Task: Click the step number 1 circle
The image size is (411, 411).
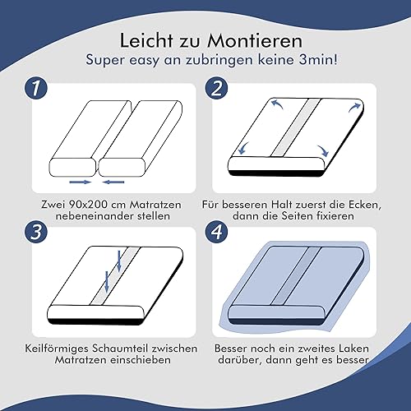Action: click(x=36, y=88)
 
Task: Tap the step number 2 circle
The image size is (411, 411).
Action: click(x=217, y=88)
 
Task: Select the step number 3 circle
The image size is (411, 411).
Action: click(x=36, y=232)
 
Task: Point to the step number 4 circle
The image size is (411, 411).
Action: click(x=217, y=232)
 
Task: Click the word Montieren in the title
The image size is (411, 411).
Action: click(x=255, y=41)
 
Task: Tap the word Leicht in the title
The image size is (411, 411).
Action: click(x=146, y=41)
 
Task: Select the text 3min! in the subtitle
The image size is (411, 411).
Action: click(x=318, y=59)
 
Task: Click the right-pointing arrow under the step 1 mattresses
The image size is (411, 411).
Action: click(x=80, y=182)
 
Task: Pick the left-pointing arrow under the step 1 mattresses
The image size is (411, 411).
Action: click(x=113, y=182)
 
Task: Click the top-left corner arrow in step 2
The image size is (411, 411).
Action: click(x=277, y=104)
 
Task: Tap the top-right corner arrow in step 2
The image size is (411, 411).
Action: click(x=354, y=107)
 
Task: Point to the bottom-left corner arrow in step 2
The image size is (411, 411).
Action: click(x=243, y=148)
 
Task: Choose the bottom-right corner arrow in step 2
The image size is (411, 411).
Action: click(x=324, y=150)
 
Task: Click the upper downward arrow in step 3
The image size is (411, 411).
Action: click(x=119, y=261)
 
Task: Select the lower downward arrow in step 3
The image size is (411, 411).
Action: click(x=107, y=281)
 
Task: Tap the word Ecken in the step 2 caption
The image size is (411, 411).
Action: click(x=365, y=205)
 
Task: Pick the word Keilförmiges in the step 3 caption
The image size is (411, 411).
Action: click(x=57, y=349)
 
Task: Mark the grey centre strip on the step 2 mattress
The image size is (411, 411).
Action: click(x=296, y=127)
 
